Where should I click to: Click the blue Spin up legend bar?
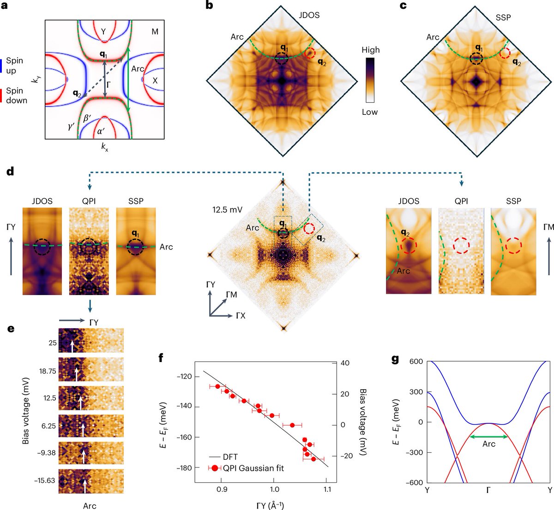tap(1, 65)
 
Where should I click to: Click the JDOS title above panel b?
tap(309, 15)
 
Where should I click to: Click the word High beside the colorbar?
tap(371, 50)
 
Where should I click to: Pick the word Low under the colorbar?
tap(370, 112)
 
